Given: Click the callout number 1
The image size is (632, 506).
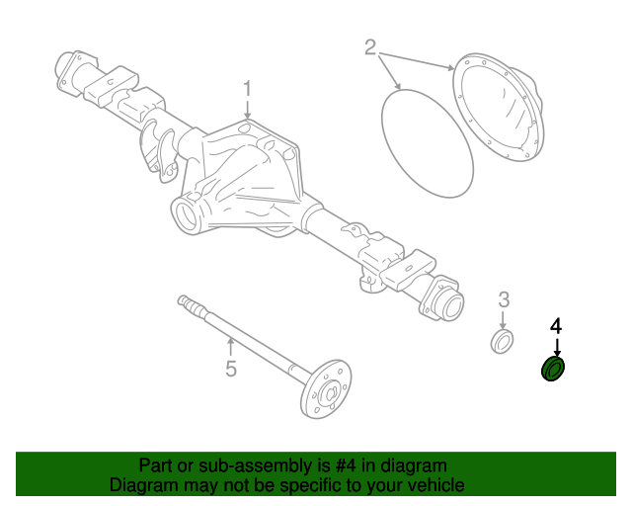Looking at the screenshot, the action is [249, 89].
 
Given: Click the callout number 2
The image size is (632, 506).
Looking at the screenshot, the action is [371, 46].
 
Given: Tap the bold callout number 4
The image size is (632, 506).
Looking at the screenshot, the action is [556, 326].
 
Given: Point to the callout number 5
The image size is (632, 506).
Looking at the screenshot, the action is [230, 370].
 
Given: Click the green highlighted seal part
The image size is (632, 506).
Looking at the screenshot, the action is [554, 370].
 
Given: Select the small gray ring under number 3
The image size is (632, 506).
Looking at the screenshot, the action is [503, 342].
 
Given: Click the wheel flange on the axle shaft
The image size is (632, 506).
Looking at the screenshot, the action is [327, 389].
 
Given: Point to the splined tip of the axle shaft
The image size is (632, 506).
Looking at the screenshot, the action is [184, 299].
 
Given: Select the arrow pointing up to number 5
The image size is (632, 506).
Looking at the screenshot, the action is [230, 348].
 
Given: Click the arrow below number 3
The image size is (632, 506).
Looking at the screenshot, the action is [503, 321].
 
